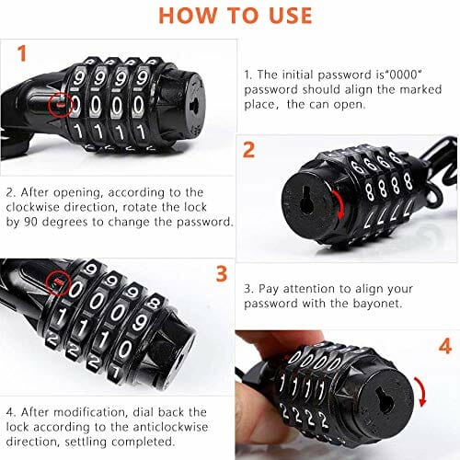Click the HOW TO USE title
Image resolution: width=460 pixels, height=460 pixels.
pyautogui.click(x=236, y=16)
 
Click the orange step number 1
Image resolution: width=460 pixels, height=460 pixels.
pyautogui.click(x=22, y=53)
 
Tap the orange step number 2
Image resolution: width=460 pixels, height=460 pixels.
pyautogui.click(x=248, y=150)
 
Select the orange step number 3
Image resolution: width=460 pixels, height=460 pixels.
pyautogui.click(x=222, y=274)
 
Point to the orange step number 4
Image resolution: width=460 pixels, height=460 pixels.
pyautogui.click(x=445, y=346)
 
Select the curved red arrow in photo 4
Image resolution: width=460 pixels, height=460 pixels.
pyautogui.click(x=422, y=391)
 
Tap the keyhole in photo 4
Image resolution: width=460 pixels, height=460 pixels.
pyautogui.click(x=384, y=399)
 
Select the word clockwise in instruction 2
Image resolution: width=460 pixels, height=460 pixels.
pyautogui.click(x=32, y=207)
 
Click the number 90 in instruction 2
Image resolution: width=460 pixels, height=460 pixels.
pyautogui.click(x=30, y=222)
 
